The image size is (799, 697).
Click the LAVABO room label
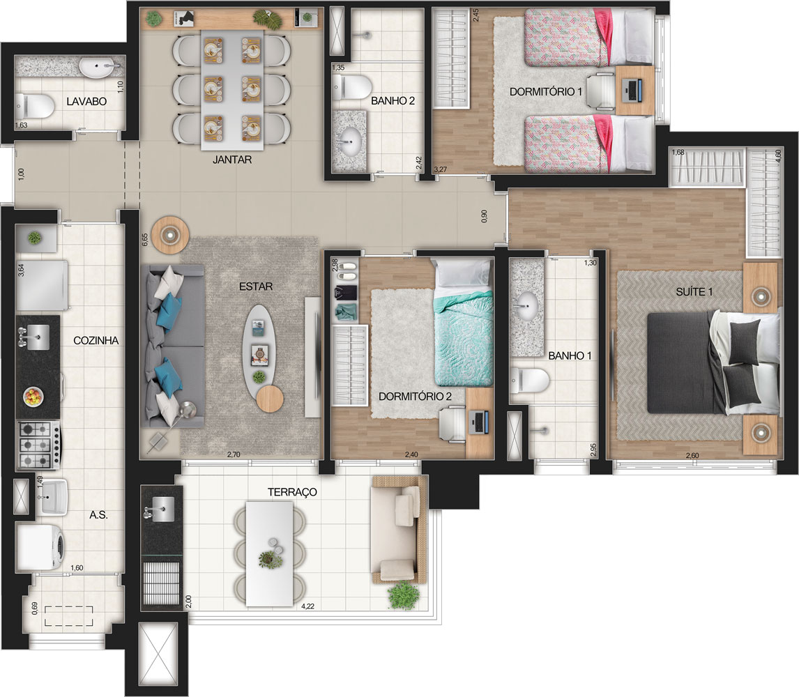point(86,102)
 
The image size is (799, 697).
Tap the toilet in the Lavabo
point(36,107)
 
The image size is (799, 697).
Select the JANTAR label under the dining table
point(232,160)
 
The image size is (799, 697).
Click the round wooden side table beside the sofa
point(171,234)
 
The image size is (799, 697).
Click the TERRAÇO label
point(292,492)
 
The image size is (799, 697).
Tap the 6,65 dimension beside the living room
point(144,241)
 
